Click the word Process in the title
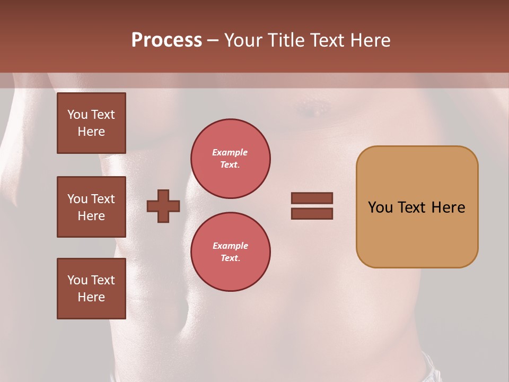166,40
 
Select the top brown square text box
91,123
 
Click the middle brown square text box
91,207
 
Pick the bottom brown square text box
91,289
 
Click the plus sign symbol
163,206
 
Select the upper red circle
231,159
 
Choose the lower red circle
231,252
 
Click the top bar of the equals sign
312,198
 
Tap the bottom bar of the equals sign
312,213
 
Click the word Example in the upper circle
230,152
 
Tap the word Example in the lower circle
230,246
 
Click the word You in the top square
77,115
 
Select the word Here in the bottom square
91,297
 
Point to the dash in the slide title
213,40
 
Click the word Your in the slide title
243,40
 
